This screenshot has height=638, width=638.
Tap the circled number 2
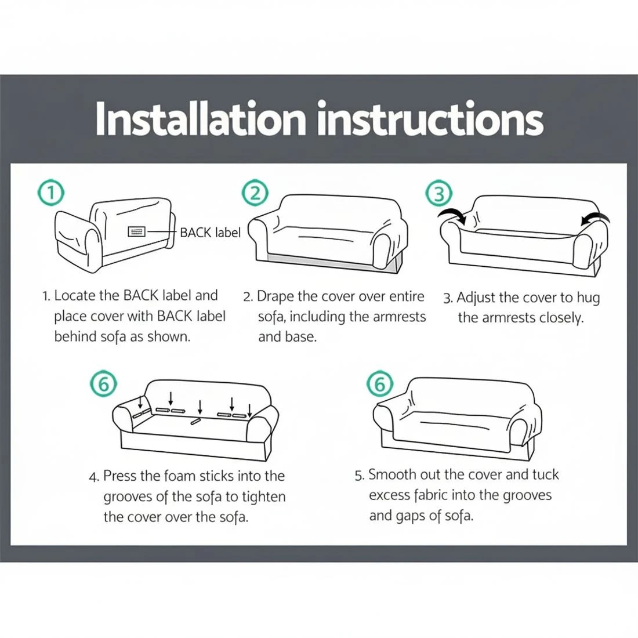click(255, 193)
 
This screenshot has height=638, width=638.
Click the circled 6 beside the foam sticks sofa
click(104, 383)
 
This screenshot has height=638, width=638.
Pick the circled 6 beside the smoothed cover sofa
click(380, 383)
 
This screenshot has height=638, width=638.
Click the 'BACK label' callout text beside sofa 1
click(209, 233)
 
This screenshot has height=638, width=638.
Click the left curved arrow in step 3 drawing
click(452, 218)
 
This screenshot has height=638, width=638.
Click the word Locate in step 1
click(75, 295)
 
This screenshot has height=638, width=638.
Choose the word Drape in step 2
click(275, 296)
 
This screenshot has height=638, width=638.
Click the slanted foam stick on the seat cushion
click(197, 422)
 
